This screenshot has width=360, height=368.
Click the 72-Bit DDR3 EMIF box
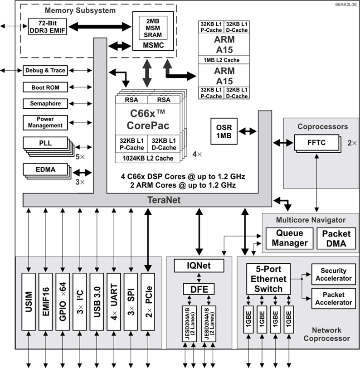click(46, 26)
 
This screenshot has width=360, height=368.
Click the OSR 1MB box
click(223, 131)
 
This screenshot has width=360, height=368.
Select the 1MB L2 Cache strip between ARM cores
click(224, 60)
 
